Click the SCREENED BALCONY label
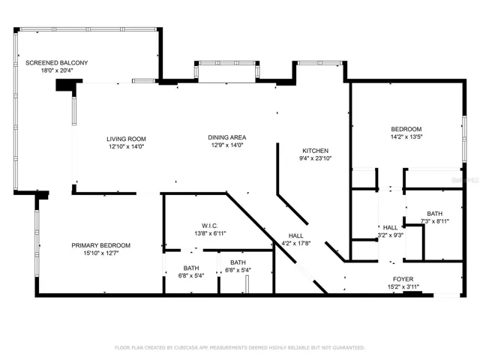click(x=57, y=63)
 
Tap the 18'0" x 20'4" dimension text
click(x=57, y=70)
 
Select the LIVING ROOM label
click(x=126, y=139)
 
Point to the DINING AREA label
click(x=227, y=137)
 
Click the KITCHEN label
click(x=315, y=151)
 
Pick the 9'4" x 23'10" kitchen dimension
click(x=315, y=158)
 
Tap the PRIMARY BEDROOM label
click(x=101, y=245)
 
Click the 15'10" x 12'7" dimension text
click(x=101, y=253)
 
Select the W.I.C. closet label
click(x=210, y=226)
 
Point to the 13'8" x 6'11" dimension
click(x=210, y=233)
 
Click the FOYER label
click(x=403, y=279)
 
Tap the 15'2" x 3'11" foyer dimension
click(x=403, y=286)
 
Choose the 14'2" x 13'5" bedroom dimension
click(x=406, y=136)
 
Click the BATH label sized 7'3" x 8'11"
click(x=435, y=214)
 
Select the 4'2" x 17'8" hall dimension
click(x=296, y=243)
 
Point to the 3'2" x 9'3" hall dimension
click(x=390, y=235)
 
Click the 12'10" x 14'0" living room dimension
click(x=126, y=147)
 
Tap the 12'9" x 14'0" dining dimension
click(x=227, y=145)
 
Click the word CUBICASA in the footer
click(x=187, y=348)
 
